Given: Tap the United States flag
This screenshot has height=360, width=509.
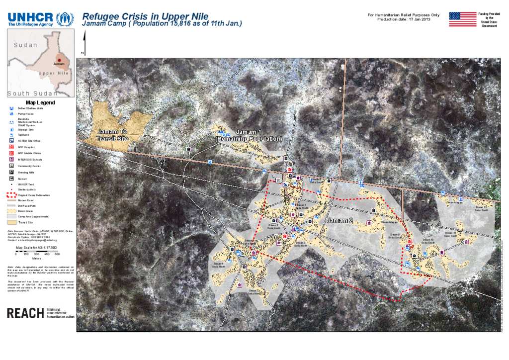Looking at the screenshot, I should [x=462, y=19].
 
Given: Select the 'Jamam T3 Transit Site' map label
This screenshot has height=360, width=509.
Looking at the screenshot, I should [x=113, y=135].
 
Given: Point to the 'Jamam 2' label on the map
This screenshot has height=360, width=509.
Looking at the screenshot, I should [x=340, y=220].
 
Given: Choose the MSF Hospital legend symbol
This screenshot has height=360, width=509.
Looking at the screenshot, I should [x=11, y=147].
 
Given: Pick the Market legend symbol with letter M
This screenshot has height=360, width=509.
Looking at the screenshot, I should [x=11, y=178].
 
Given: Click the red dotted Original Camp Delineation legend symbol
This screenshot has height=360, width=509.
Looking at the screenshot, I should [x=11, y=195].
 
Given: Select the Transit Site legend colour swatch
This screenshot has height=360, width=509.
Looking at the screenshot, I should [x=11, y=223].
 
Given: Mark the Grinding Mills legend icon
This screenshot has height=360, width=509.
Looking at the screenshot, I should [x=11, y=172].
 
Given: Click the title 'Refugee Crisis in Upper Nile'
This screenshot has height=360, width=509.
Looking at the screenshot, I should [x=145, y=17].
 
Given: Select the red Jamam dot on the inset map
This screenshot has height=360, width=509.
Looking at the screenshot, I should [x=59, y=60].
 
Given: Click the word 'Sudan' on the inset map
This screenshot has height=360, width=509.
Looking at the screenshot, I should [x=25, y=45].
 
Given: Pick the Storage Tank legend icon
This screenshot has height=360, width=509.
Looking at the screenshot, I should [x=11, y=129].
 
